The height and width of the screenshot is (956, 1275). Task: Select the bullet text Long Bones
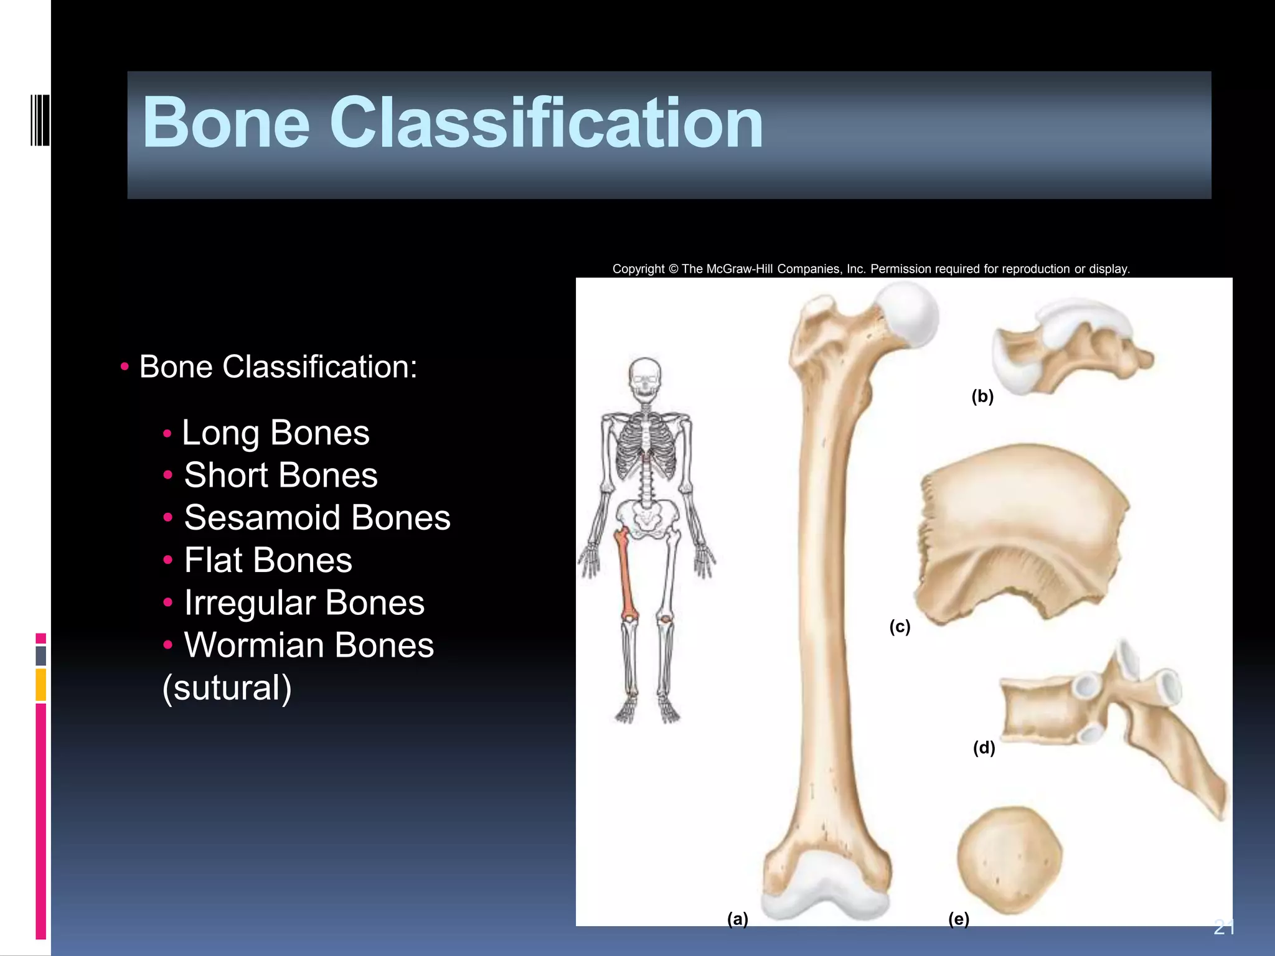275,433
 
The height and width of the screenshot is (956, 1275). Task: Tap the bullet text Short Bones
281,476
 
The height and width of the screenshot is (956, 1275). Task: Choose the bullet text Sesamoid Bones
317,518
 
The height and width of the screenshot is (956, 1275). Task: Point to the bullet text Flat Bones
268,560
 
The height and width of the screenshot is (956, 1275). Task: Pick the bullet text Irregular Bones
304,603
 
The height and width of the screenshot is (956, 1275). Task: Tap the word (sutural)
227,688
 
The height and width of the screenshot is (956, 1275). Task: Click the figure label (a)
738,919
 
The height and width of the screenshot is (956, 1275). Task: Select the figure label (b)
982,396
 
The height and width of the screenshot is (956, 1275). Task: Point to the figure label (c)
900,626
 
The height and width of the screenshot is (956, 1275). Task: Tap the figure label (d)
984,747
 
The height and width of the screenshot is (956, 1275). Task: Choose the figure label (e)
959,919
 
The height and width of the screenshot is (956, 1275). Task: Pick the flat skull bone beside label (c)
1021,529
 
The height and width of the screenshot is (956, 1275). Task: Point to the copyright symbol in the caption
673,269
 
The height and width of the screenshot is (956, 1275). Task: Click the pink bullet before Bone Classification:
125,367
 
